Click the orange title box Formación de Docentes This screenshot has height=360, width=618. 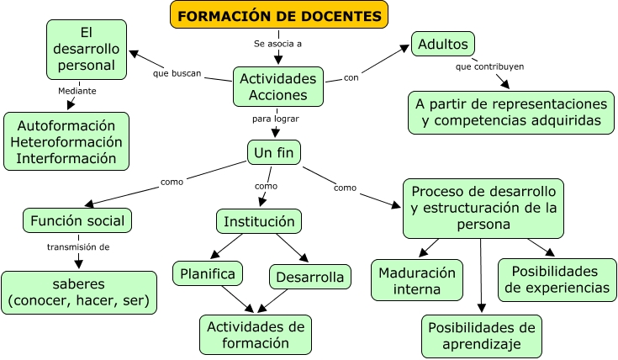point(281,15)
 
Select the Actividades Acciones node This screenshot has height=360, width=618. point(278,86)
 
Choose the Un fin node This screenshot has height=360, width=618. point(274,152)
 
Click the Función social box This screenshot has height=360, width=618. point(77,221)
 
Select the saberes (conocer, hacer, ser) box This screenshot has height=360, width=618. point(78,292)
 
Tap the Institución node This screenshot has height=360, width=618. point(259,221)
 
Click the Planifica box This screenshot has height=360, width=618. point(208,273)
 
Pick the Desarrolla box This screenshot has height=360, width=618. point(309,277)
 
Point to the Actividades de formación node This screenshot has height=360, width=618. point(256,334)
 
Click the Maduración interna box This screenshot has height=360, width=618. point(417,280)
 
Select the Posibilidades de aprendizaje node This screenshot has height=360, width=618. point(481,336)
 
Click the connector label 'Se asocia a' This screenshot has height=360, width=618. point(277,42)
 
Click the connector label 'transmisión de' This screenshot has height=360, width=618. point(78,247)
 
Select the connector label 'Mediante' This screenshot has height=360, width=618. point(77,91)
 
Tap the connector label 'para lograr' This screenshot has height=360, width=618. point(276,119)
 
